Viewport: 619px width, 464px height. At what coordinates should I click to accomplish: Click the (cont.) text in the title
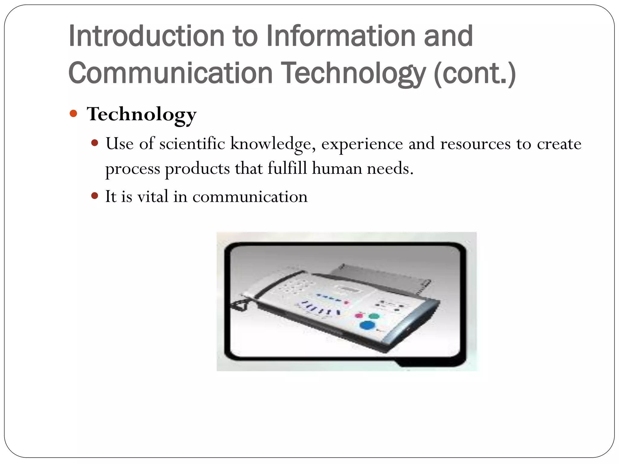(475, 73)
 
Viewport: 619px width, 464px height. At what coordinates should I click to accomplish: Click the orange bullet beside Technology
(73, 114)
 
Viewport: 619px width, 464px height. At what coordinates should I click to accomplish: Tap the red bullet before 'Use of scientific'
(95, 143)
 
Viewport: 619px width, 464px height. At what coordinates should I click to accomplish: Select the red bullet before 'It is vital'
(95, 196)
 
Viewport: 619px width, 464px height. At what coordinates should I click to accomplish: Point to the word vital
(153, 197)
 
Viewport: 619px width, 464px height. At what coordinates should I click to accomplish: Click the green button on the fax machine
(374, 316)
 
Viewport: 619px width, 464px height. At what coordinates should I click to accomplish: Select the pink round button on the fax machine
(359, 316)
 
